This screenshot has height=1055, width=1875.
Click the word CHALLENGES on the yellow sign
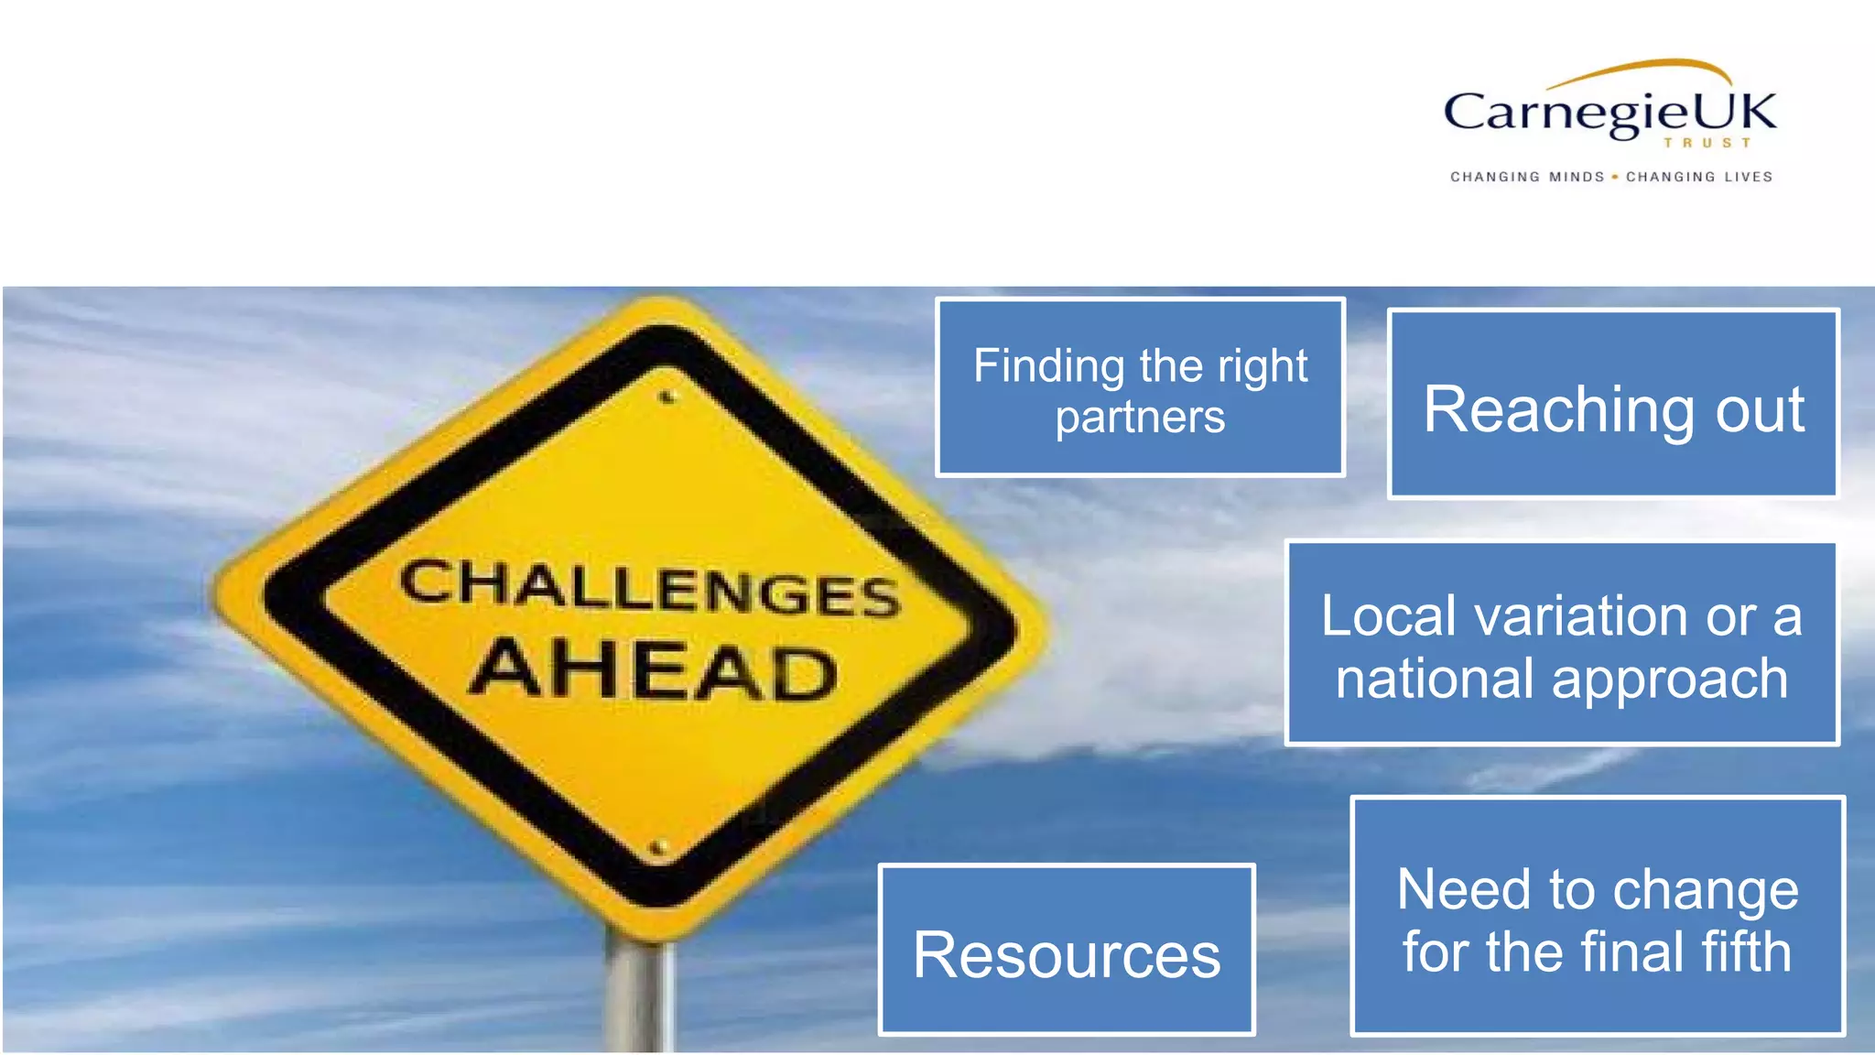[650, 588]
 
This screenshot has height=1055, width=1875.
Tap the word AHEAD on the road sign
[654, 669]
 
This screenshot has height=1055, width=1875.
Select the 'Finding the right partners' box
[1140, 387]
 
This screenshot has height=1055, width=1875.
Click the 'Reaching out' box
[1613, 405]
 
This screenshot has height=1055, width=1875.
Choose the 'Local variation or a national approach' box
[1562, 644]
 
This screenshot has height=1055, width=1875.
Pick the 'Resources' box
[1067, 951]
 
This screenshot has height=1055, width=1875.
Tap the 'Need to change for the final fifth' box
[1598, 917]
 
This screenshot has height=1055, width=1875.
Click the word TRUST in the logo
[1707, 144]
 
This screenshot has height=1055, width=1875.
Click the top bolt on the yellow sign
[667, 397]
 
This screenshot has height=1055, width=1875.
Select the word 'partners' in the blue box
[1140, 418]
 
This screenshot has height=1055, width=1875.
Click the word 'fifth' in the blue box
[1744, 952]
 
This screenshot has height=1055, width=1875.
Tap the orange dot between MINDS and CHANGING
[1615, 177]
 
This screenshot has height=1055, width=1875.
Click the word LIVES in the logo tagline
[1749, 177]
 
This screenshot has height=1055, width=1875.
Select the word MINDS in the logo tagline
[1577, 177]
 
